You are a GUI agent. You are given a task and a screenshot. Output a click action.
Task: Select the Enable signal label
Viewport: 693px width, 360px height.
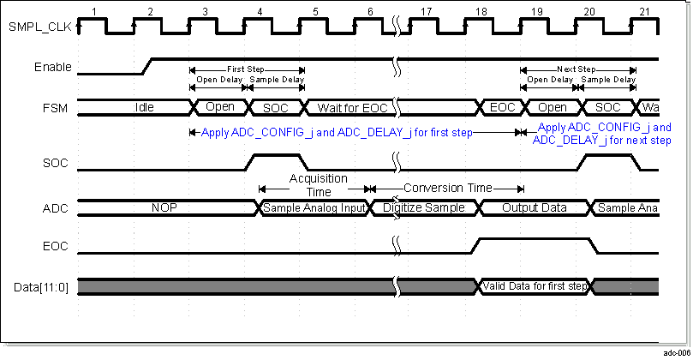coord(52,67)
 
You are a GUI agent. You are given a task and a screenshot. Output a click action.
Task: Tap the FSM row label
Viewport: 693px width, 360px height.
coord(57,108)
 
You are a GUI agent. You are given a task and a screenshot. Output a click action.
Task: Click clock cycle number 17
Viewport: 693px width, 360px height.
coord(425,10)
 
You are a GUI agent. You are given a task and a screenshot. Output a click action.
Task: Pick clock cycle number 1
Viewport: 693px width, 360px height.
coord(95,10)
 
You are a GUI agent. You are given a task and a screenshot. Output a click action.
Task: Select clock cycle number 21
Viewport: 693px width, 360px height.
coord(644,10)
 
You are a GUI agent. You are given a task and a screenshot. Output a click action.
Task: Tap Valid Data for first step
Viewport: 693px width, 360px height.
coord(533,285)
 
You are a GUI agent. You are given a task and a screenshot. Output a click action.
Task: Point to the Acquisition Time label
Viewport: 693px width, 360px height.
coord(317,183)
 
